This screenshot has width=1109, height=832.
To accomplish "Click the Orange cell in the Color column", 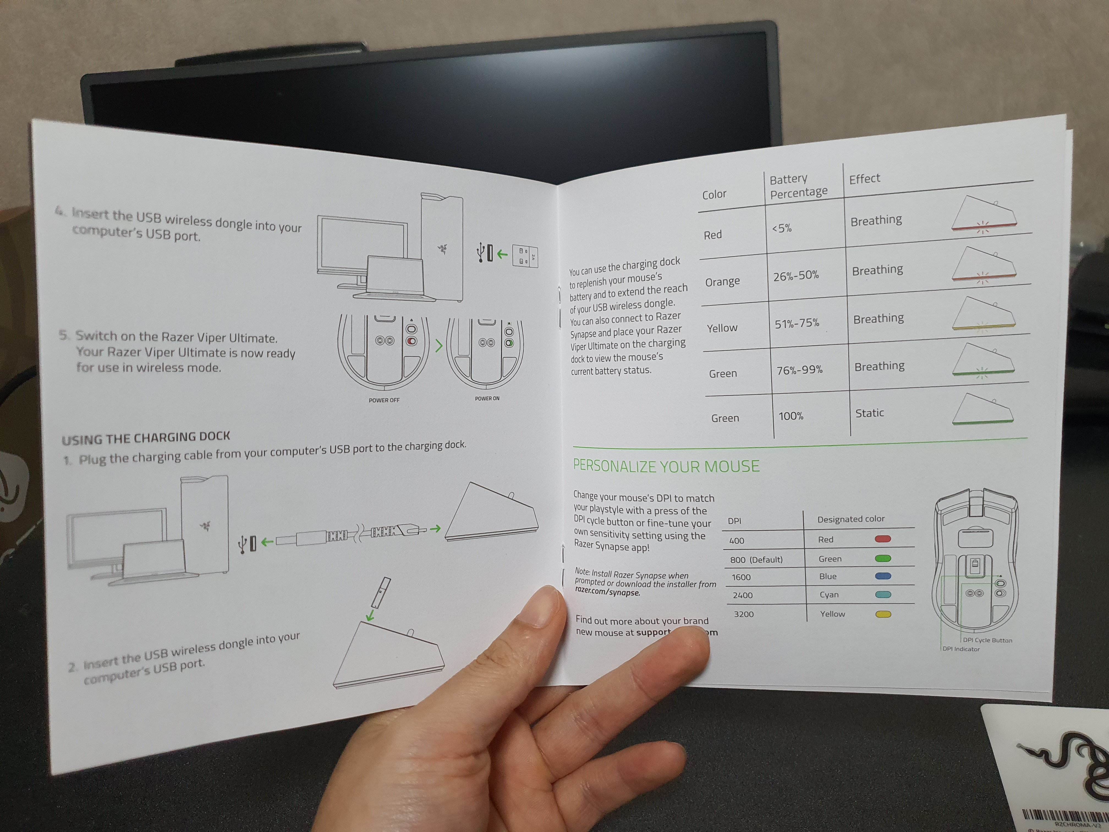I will tap(723, 282).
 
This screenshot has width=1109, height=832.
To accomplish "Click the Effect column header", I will tap(864, 179).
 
